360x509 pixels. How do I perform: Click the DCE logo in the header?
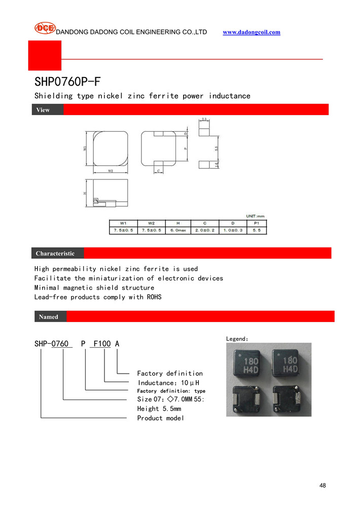pos(45,28)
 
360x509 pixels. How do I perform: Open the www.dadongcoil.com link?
pos(251,32)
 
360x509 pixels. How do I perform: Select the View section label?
pos(43,110)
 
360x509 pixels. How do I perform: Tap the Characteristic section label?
pos(55,253)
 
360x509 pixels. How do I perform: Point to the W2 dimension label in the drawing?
pos(110,171)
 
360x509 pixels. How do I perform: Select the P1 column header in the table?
pos(256,223)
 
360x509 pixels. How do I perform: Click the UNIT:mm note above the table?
pos(256,216)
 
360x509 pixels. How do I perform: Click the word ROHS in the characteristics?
pos(154,297)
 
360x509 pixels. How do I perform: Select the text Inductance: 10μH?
pos(168,382)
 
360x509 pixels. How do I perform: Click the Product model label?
pos(161,418)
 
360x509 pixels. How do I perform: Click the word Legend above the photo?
pos(236,338)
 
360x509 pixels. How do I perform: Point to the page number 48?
pos(322,486)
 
